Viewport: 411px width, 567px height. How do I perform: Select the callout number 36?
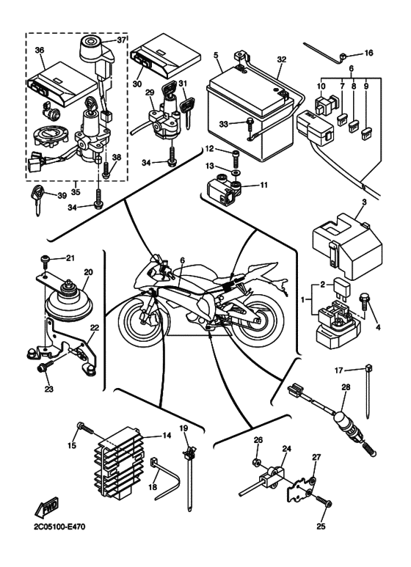pyautogui.click(x=39, y=50)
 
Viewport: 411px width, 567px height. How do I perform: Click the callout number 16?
pyautogui.click(x=368, y=53)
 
